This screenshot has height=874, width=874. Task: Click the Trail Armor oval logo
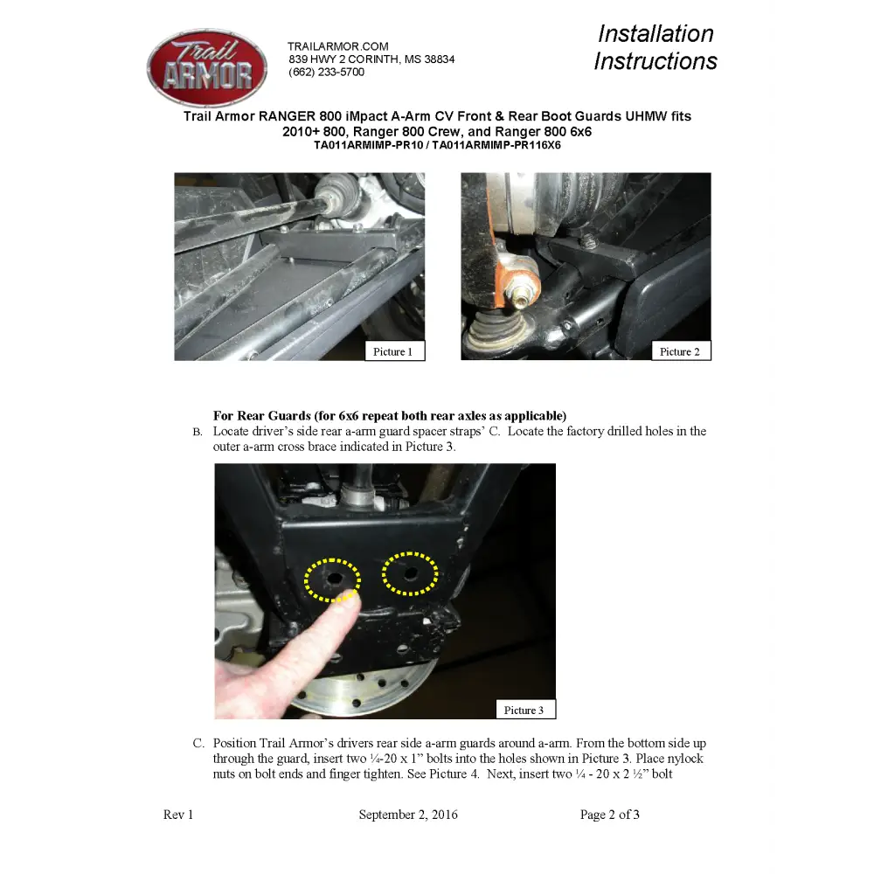207,67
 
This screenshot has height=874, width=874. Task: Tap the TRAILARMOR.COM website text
337,46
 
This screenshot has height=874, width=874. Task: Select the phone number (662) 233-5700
327,72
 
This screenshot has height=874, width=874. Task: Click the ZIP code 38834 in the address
440,59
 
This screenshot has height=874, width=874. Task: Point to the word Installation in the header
655,33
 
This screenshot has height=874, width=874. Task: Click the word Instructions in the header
655,61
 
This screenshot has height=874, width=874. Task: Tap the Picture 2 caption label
681,351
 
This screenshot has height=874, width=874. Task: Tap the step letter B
198,432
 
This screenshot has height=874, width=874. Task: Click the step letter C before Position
198,744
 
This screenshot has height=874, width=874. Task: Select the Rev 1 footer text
178,815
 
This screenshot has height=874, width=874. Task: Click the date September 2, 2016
408,815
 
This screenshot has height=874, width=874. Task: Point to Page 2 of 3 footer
610,815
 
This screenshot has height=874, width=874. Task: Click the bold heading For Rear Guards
262,416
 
